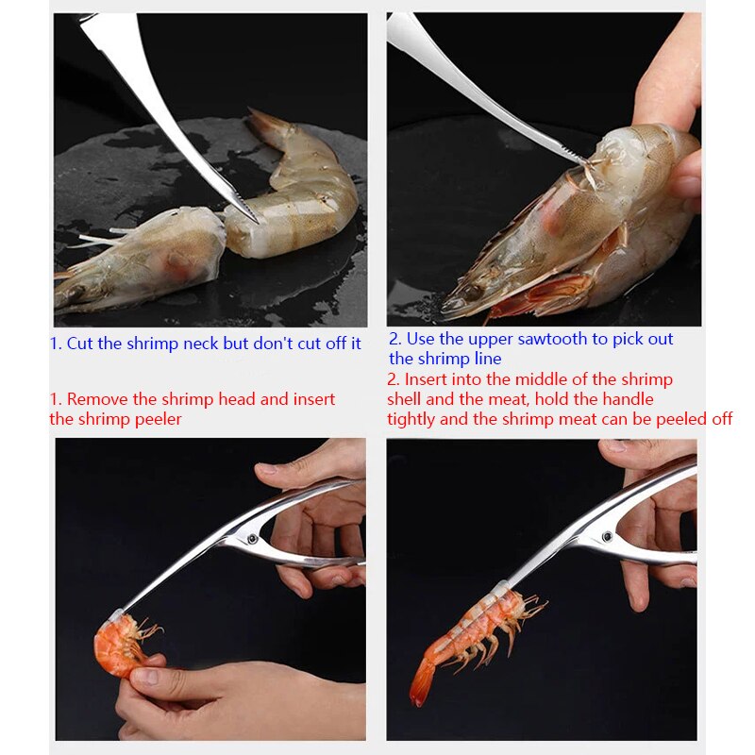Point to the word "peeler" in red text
click(x=156, y=418)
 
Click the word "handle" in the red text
click(x=625, y=399)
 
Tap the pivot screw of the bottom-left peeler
click(x=254, y=539)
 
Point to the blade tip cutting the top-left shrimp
click(x=253, y=219)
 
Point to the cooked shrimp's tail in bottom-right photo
click(x=420, y=687)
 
